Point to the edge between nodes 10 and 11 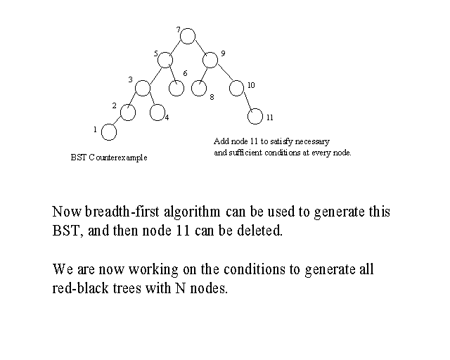point(248,101)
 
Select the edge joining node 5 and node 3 point(155,75)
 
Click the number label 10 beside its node point(251,85)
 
